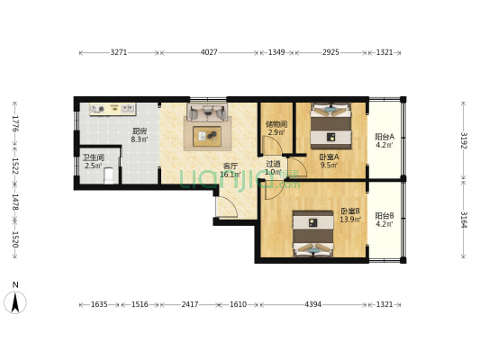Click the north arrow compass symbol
(15, 302)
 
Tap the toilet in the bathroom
(109, 176)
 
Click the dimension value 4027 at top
(209, 52)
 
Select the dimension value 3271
(119, 52)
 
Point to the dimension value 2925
(331, 52)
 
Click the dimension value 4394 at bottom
(312, 304)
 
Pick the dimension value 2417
(190, 304)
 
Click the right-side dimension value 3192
(464, 140)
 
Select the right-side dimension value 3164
(464, 220)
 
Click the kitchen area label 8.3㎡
(140, 139)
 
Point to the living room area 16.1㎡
(231, 175)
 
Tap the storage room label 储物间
(276, 124)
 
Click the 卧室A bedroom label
(329, 157)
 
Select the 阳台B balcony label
(385, 216)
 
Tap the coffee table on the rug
(207, 137)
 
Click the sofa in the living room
(207, 112)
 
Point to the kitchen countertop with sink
(113, 109)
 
